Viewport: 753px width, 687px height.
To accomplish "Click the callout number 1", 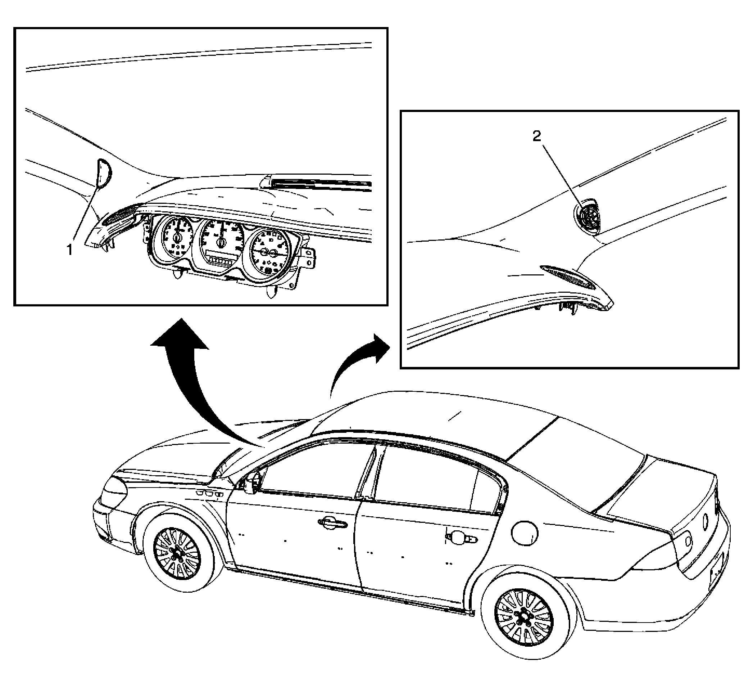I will point(69,249).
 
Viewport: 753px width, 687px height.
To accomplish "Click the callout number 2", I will point(536,136).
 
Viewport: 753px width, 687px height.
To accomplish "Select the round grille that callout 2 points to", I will point(588,217).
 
